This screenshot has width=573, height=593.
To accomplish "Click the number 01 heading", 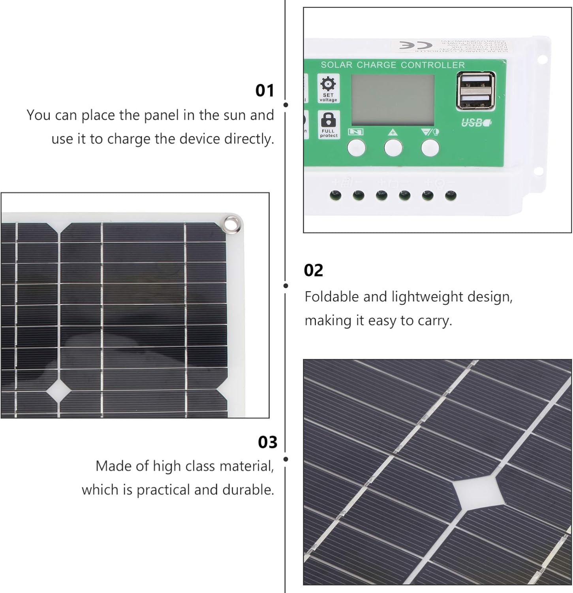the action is [x=265, y=91].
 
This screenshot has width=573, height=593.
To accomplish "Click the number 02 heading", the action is [x=314, y=270].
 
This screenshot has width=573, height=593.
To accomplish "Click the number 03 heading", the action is [x=267, y=442].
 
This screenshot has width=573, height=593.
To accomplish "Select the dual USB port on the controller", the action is [x=475, y=91].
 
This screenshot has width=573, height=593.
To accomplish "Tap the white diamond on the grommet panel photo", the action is [x=59, y=390].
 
